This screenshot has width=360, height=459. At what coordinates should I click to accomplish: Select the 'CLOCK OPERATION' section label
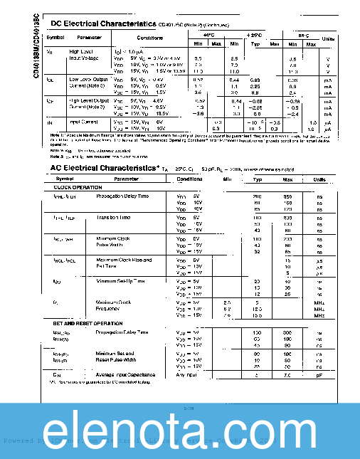77,187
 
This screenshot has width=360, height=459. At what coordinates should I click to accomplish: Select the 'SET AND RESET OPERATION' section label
88,323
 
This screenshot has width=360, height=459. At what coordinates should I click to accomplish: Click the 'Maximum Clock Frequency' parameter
114,305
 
